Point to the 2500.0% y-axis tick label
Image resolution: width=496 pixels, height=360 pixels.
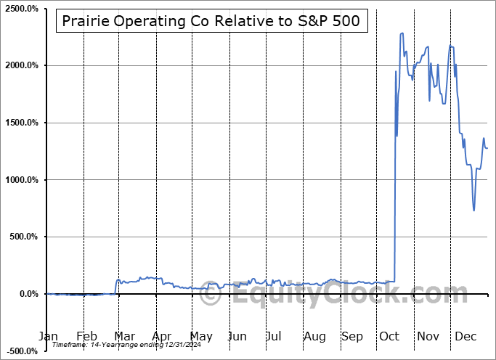[20, 9]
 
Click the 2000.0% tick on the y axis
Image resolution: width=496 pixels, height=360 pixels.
[20, 65]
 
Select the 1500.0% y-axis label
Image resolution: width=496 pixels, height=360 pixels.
[20, 123]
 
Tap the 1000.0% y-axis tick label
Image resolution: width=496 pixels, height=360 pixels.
[20, 180]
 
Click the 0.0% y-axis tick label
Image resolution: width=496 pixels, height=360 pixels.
[28, 294]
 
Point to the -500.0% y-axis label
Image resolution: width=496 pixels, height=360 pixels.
[21, 351]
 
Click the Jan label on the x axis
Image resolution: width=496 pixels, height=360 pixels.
[47, 336]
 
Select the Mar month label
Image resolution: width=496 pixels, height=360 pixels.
[125, 336]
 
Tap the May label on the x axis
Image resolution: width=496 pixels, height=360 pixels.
[201, 336]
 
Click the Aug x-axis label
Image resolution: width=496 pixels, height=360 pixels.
[314, 336]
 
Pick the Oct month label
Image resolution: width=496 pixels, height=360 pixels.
[389, 336]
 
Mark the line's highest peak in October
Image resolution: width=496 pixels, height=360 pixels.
[402, 33]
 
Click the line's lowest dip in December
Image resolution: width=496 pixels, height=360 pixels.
[474, 210]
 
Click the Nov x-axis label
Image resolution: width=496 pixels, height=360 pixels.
[428, 336]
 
